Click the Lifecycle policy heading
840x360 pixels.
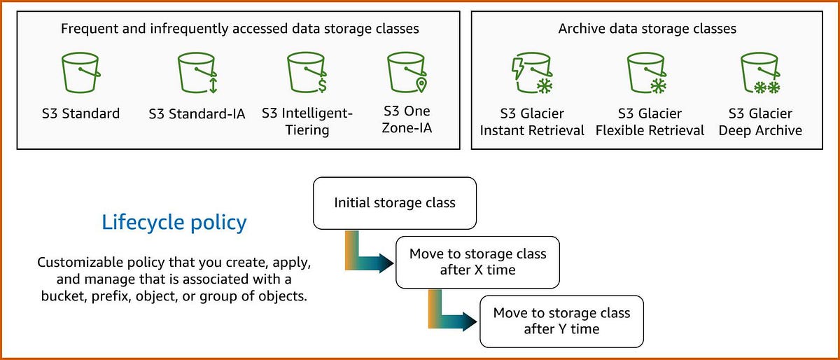pos(174,223)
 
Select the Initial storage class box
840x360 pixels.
pos(395,203)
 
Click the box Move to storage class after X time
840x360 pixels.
pos(477,262)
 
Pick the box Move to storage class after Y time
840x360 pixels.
pos(561,321)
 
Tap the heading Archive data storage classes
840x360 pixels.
pos(647,29)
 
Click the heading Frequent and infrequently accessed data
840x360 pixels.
pos(239,29)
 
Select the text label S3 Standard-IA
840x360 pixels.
pos(197,114)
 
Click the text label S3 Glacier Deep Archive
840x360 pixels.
pos(760,122)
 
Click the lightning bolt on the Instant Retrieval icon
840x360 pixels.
pos(518,69)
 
